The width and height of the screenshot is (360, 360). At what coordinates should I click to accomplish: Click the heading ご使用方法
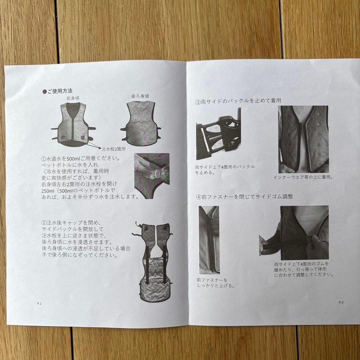(x=58, y=91)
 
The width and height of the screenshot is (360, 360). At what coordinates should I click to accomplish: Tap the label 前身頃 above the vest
(x=73, y=98)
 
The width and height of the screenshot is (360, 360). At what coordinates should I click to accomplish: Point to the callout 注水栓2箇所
(x=114, y=149)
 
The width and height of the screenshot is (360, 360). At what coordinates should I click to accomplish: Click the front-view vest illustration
(x=73, y=123)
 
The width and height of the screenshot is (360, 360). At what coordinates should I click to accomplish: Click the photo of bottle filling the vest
(x=152, y=176)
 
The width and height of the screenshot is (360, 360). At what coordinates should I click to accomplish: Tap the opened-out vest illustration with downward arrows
(x=153, y=262)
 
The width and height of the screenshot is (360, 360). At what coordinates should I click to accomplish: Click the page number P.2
(x=39, y=304)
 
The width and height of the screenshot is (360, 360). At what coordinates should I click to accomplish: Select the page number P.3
(x=341, y=302)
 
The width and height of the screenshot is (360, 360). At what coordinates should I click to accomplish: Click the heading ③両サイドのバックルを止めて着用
(x=238, y=101)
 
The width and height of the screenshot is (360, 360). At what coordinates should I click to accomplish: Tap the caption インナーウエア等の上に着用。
(x=303, y=177)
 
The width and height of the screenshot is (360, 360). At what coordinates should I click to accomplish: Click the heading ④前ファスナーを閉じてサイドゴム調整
(x=244, y=197)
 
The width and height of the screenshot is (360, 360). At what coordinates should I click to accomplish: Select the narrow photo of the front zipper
(x=209, y=240)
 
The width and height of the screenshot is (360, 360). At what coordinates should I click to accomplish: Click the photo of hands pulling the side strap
(x=294, y=233)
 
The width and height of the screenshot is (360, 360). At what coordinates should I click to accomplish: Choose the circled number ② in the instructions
(x=44, y=223)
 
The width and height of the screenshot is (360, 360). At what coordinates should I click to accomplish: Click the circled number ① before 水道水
(x=44, y=159)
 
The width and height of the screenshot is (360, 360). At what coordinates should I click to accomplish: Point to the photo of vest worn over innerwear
(x=303, y=139)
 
